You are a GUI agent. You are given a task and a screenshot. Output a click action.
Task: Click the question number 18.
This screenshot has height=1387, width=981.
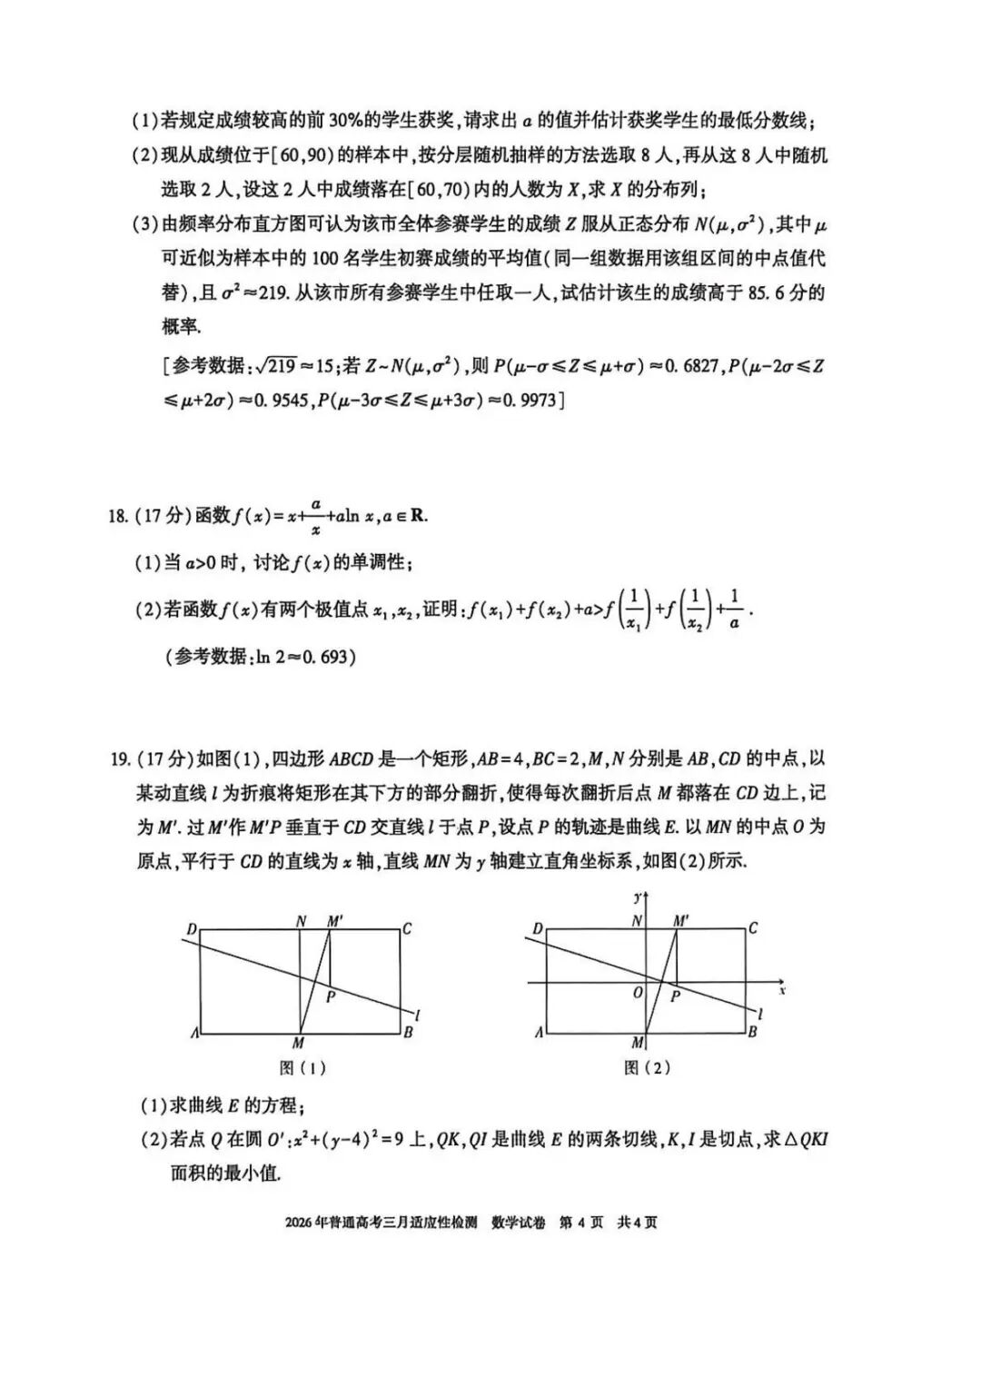tap(117, 516)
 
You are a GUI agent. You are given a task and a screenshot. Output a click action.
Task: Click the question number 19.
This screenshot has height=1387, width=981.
tap(119, 758)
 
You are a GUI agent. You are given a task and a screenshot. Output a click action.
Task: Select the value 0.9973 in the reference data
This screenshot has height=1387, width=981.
tap(527, 400)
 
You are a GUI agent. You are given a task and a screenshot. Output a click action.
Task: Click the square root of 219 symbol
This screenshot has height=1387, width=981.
tap(276, 365)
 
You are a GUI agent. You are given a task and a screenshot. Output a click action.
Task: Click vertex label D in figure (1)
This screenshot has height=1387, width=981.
tap(192, 929)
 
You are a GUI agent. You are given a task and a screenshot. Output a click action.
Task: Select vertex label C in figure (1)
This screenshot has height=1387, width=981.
tap(407, 928)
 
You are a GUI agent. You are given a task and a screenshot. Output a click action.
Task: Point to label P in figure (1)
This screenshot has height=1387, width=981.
tap(332, 997)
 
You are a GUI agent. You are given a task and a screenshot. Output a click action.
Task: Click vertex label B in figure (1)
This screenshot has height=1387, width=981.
tap(409, 1033)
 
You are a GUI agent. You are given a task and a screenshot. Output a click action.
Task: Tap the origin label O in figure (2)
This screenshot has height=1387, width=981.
tap(638, 993)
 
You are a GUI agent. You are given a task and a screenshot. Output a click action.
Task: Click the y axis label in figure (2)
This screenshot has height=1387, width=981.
tap(638, 897)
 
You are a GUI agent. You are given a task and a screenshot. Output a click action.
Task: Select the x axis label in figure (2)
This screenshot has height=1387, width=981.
tap(781, 990)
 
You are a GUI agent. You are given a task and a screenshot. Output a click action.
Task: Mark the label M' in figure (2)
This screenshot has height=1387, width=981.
tap(681, 921)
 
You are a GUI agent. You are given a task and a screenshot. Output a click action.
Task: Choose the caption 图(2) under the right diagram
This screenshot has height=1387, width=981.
tap(647, 1068)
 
